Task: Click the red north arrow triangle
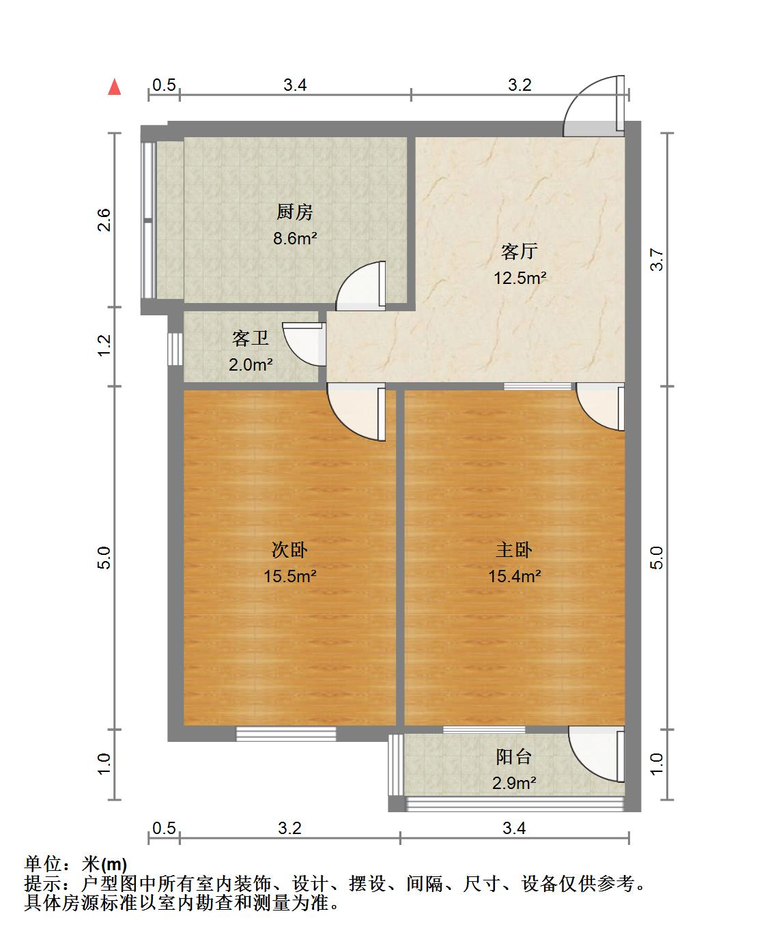[115, 87]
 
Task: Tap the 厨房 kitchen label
[295, 212]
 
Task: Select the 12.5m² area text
[520, 278]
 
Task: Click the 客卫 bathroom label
[251, 338]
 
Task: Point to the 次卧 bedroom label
[290, 549]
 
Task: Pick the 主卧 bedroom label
[514, 549]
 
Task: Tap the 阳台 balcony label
[514, 757]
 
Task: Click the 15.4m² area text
[514, 576]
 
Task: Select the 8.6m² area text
[295, 238]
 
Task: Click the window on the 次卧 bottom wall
[286, 734]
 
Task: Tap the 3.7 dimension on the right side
[657, 259]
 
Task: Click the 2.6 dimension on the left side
[104, 220]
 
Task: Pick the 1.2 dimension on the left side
[104, 345]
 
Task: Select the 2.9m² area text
[514, 783]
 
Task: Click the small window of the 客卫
[175, 349]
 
